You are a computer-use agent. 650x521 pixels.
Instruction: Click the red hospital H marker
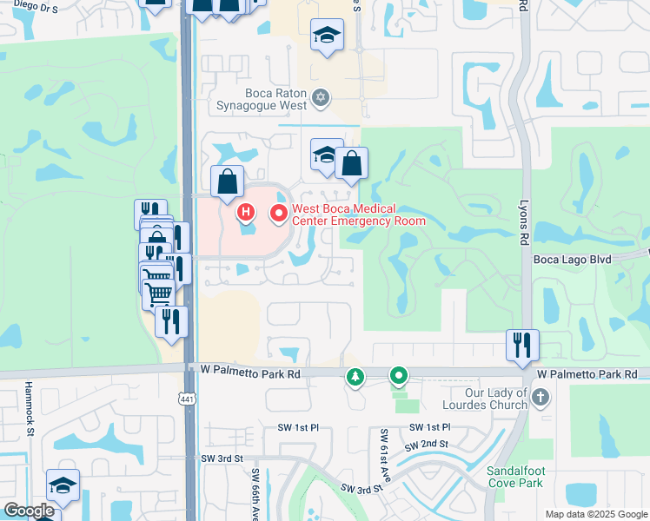[x=246, y=211]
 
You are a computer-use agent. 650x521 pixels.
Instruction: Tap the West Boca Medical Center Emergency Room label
[x=358, y=214]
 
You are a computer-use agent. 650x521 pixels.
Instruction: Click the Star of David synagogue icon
[x=321, y=96]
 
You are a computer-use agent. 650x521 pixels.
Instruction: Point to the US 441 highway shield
[x=185, y=399]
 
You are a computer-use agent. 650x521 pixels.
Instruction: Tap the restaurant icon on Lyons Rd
[x=522, y=344]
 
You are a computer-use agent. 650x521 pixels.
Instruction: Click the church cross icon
[x=541, y=398]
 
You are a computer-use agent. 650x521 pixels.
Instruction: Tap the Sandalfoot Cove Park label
[x=514, y=477]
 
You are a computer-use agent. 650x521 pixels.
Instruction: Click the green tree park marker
[x=355, y=377]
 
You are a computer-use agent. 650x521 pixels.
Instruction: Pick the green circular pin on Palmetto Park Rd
[x=399, y=376]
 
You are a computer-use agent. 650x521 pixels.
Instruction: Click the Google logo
[x=30, y=511]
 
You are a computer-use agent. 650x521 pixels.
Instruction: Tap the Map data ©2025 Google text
[x=595, y=514]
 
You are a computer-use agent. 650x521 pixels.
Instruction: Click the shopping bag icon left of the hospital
[x=227, y=181]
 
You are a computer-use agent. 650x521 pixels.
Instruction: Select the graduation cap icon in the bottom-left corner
[x=63, y=485]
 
